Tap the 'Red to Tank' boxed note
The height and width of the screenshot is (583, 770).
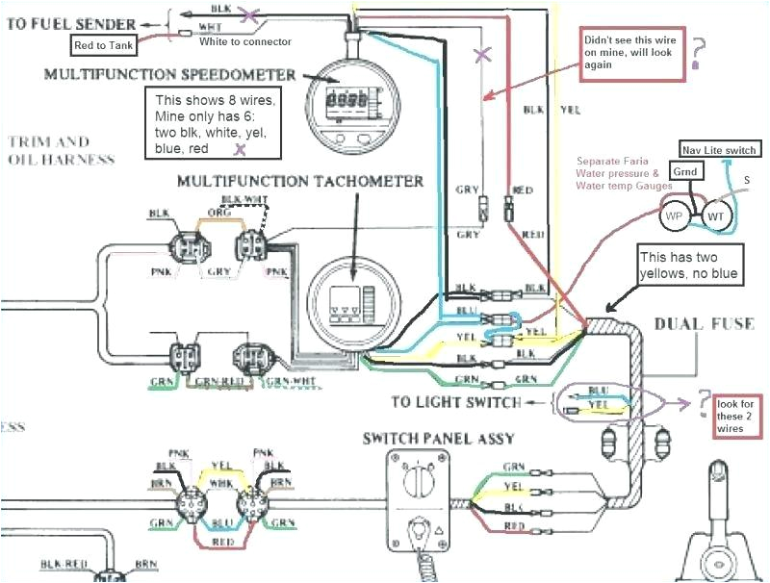[105, 42]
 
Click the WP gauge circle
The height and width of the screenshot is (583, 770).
[677, 217]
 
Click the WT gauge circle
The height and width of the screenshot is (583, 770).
[716, 217]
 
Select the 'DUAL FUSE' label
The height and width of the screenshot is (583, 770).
[706, 323]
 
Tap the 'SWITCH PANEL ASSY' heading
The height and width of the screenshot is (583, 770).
[438, 439]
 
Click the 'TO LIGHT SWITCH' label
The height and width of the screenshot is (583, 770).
[456, 401]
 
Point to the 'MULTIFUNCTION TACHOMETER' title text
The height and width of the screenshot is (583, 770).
[300, 181]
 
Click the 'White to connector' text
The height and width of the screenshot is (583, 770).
[248, 42]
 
